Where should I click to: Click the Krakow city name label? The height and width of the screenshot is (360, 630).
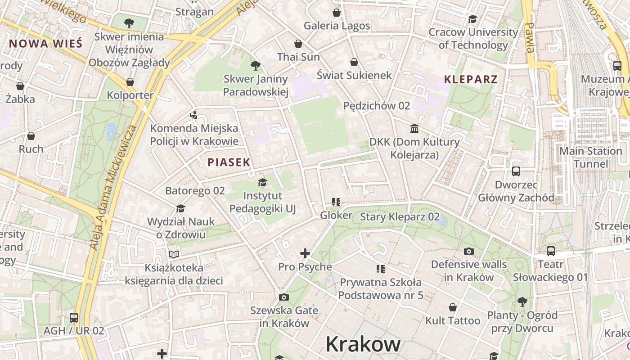[363, 344]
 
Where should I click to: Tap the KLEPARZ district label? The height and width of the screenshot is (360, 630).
[471, 80]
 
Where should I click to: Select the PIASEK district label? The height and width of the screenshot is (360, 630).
[229, 162]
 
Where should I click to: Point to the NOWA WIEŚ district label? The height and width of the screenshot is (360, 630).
[46, 44]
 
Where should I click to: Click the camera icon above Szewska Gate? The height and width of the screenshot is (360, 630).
[283, 297]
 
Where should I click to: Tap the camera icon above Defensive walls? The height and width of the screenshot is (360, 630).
[468, 251]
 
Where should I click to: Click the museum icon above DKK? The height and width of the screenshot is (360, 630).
[414, 129]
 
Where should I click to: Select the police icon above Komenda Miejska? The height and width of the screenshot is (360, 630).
[193, 115]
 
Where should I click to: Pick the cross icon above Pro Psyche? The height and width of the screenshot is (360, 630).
[305, 253]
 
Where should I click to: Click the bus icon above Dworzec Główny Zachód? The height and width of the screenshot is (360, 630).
[516, 171]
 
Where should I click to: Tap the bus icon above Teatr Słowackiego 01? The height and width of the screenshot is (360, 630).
[550, 251]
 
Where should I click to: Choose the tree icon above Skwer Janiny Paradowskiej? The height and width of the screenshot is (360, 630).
[256, 66]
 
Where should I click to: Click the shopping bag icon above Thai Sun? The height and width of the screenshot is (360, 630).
[298, 44]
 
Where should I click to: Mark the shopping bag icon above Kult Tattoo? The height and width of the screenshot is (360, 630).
[453, 307]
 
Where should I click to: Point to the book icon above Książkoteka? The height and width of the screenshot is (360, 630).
[174, 254]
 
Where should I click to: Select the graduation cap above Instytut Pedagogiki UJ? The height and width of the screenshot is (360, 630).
[262, 182]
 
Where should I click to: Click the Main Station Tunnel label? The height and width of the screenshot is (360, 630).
[590, 157]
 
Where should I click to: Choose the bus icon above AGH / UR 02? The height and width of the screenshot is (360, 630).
[74, 317]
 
